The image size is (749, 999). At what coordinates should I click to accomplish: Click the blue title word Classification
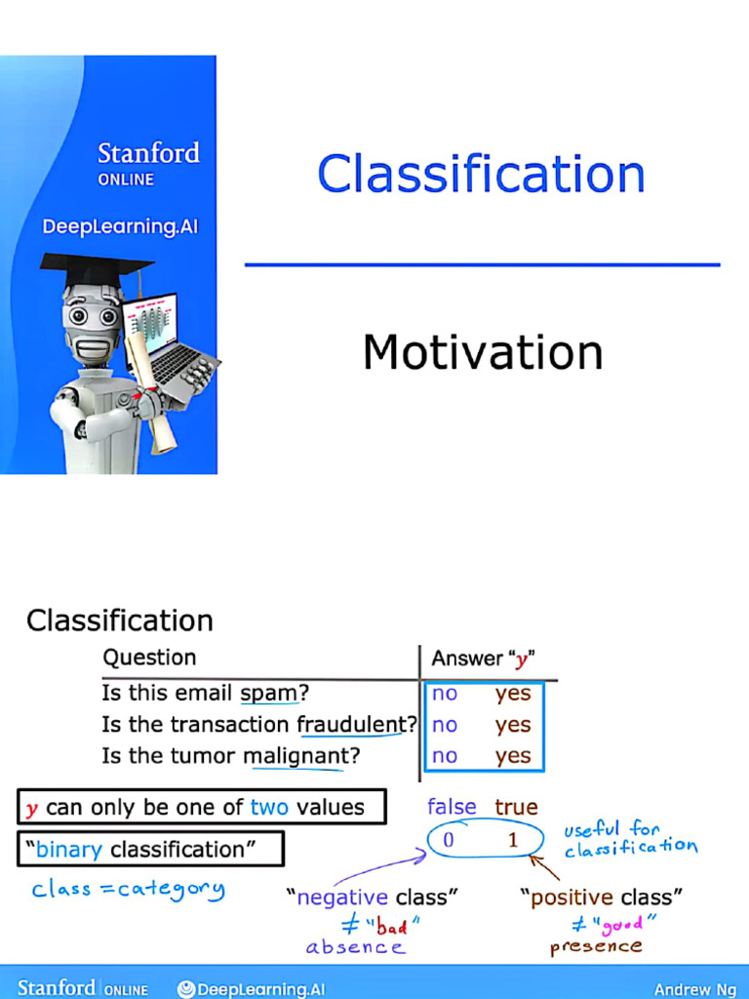[x=481, y=175]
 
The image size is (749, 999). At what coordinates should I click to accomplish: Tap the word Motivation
[x=483, y=352]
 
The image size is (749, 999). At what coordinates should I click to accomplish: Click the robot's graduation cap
[x=95, y=267]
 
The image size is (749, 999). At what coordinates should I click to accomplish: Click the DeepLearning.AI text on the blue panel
[x=120, y=226]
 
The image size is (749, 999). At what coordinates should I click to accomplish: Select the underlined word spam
[x=268, y=694]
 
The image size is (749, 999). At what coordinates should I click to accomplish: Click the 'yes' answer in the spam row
[x=513, y=694]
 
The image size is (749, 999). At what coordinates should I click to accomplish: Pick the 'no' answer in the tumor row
[x=445, y=756]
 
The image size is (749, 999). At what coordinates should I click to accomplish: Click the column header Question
[x=149, y=658]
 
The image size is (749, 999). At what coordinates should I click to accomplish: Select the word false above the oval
[x=452, y=807]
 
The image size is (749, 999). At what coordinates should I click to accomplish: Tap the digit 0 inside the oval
[x=448, y=840]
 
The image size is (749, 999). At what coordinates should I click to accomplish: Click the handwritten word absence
[x=355, y=947]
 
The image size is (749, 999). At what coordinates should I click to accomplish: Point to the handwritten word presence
[x=596, y=946]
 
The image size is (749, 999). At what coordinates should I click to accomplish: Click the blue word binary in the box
[x=69, y=849]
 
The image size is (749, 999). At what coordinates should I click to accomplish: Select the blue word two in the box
[x=268, y=807]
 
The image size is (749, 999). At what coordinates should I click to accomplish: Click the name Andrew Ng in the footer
[x=695, y=989]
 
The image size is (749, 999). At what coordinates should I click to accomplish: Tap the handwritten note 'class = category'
[x=128, y=889]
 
